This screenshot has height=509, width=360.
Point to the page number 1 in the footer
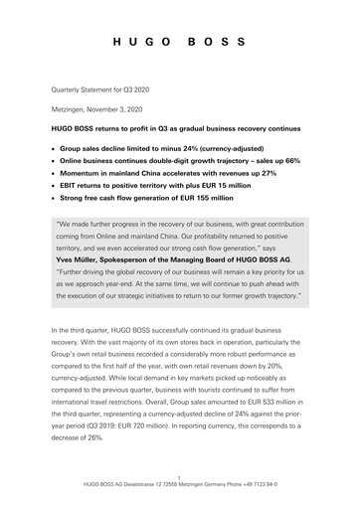click(180, 488)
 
